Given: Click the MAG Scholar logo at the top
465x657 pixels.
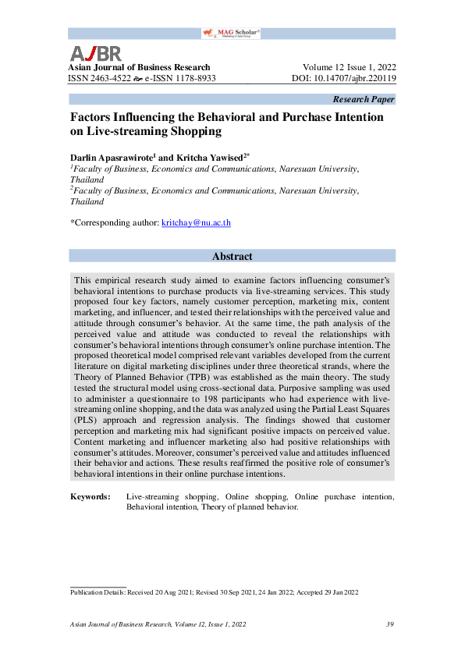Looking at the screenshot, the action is click(231, 33).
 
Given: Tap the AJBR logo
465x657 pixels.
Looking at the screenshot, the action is click(96, 53).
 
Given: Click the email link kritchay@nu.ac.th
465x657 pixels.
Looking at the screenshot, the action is click(196, 222).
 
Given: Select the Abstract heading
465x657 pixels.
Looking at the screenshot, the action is click(232, 256).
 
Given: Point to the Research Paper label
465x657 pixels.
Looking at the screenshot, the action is click(364, 99).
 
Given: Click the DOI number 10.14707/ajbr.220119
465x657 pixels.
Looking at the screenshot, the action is click(354, 79).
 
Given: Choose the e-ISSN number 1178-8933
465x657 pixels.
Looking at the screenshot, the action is click(187, 79).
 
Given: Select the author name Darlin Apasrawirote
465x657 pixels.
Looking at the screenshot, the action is click(112, 156).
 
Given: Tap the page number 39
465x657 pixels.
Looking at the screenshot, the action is click(390, 624).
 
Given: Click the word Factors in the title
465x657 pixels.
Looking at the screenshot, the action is click(91, 117).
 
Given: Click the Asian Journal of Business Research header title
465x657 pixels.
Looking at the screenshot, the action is click(140, 67).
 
